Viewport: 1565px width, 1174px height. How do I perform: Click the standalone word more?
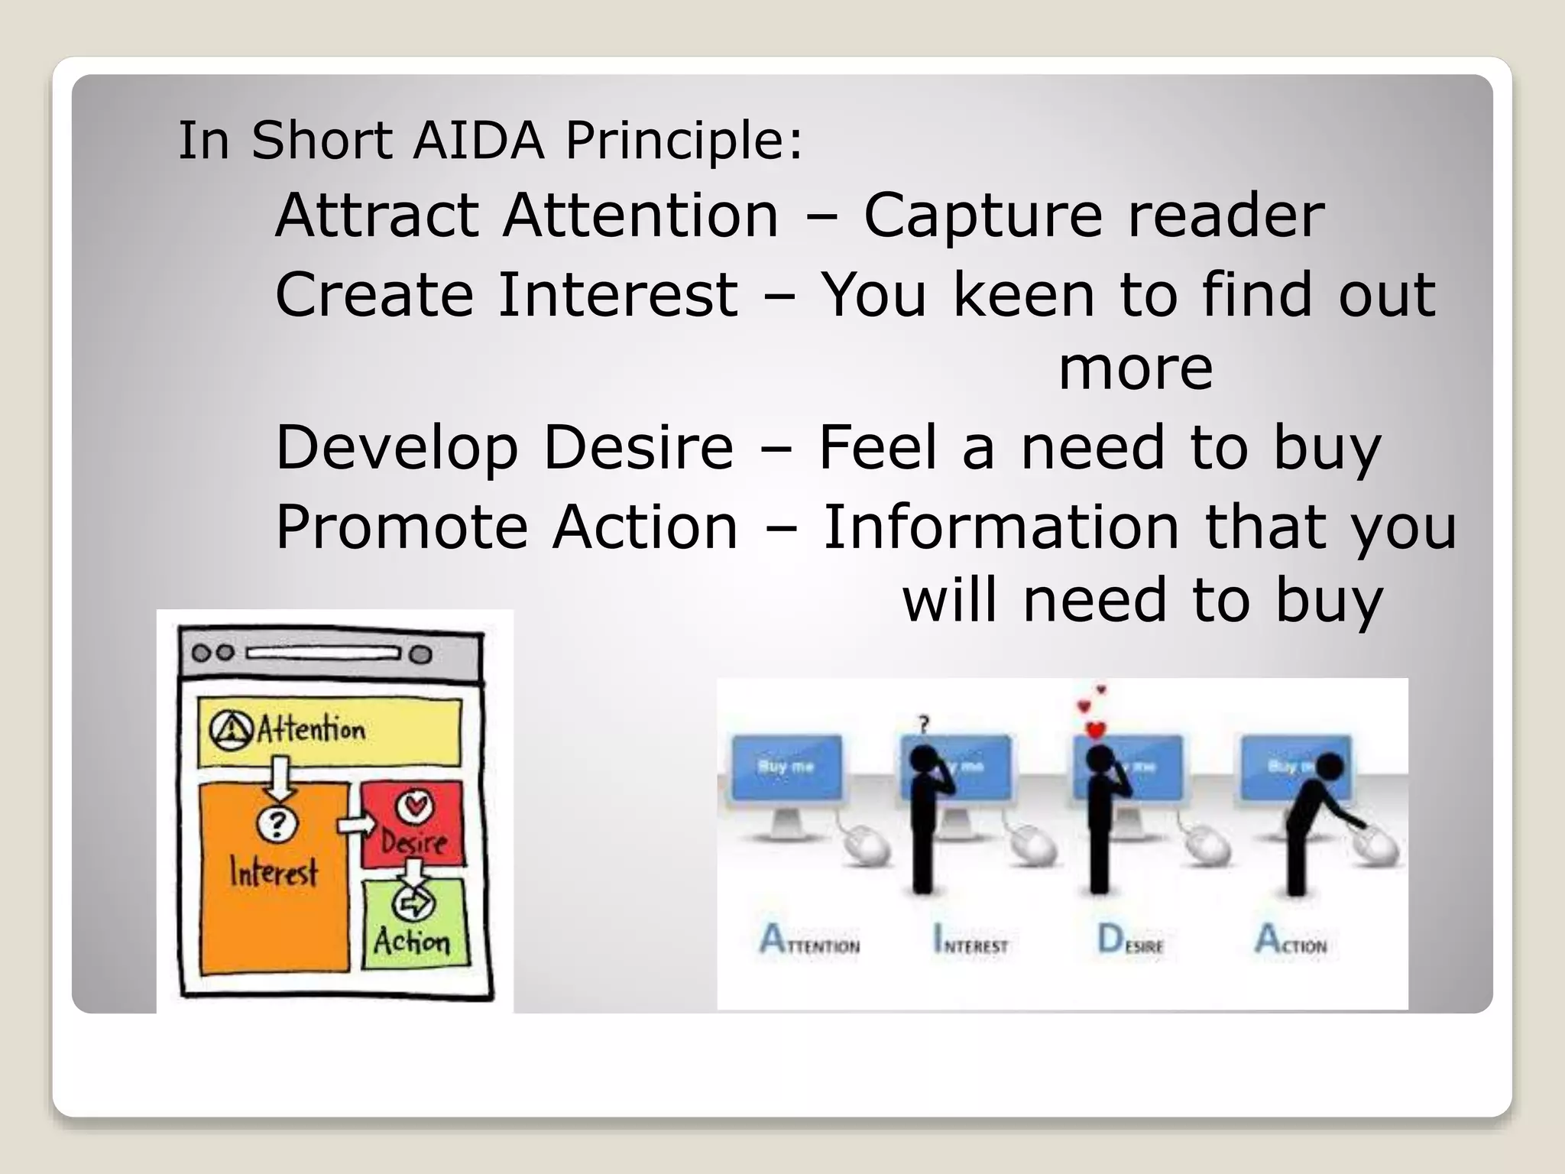pos(1136,368)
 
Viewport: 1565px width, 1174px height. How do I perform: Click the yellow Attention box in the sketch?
pos(329,731)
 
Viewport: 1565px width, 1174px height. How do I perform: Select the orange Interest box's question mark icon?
pos(277,823)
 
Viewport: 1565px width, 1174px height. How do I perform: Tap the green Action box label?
pos(412,940)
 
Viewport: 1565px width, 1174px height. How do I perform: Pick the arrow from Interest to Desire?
pos(357,825)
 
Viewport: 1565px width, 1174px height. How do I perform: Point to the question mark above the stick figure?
pos(924,722)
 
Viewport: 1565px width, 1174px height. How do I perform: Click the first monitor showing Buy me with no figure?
pos(786,768)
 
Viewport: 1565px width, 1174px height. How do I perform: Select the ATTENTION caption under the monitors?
pos(809,939)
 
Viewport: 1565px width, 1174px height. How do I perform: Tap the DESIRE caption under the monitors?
pos(1130,940)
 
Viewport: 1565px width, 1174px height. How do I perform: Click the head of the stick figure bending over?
pos(1330,766)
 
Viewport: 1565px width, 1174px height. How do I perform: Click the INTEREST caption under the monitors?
pos(970,939)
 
